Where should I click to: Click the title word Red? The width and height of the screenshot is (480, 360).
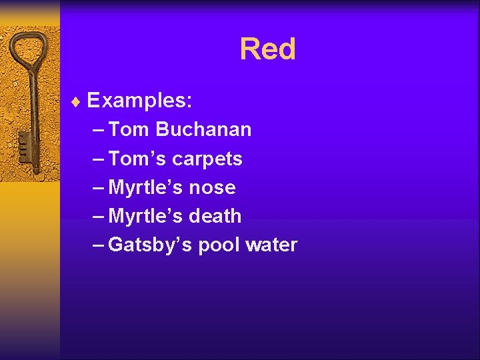[267, 49]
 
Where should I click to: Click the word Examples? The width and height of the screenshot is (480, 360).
[140, 101]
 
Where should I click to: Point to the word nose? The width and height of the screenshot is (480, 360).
[212, 188]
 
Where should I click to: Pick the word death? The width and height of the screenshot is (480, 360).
[215, 216]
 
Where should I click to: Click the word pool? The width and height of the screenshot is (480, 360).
[220, 245]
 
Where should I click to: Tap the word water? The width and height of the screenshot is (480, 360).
[271, 245]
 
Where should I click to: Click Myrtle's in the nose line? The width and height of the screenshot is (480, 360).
[145, 188]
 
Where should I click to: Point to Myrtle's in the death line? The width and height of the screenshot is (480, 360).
[145, 217]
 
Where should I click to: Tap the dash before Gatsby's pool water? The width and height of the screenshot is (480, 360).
[97, 245]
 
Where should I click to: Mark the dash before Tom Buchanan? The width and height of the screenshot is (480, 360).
[97, 129]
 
